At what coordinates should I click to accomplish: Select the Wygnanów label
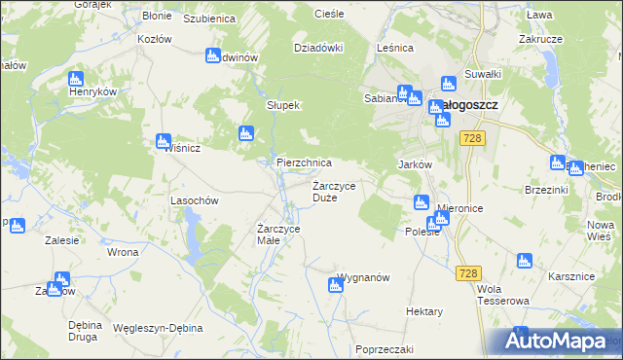(x=364, y=277)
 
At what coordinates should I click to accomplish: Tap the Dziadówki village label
(x=319, y=47)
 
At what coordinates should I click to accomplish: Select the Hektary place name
(x=424, y=311)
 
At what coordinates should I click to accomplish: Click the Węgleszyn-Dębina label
(x=157, y=328)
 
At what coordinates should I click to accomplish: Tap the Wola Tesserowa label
(x=502, y=295)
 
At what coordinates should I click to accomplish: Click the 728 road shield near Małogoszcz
(x=473, y=139)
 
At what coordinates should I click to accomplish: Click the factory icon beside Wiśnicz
(x=164, y=142)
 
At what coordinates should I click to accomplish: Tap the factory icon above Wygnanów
(x=334, y=283)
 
